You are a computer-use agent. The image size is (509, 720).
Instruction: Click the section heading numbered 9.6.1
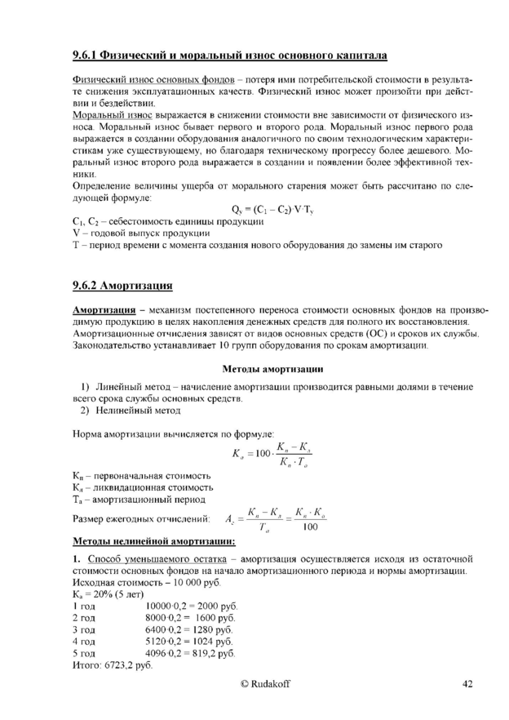pos(229,56)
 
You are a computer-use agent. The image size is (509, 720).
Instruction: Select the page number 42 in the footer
pos(467,683)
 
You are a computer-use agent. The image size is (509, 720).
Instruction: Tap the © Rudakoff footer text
pos(264,683)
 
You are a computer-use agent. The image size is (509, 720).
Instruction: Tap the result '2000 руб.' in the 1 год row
pos(219,608)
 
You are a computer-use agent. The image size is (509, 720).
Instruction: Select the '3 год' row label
pos(84,631)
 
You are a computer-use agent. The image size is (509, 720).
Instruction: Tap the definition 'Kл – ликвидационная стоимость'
pos(142,487)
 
